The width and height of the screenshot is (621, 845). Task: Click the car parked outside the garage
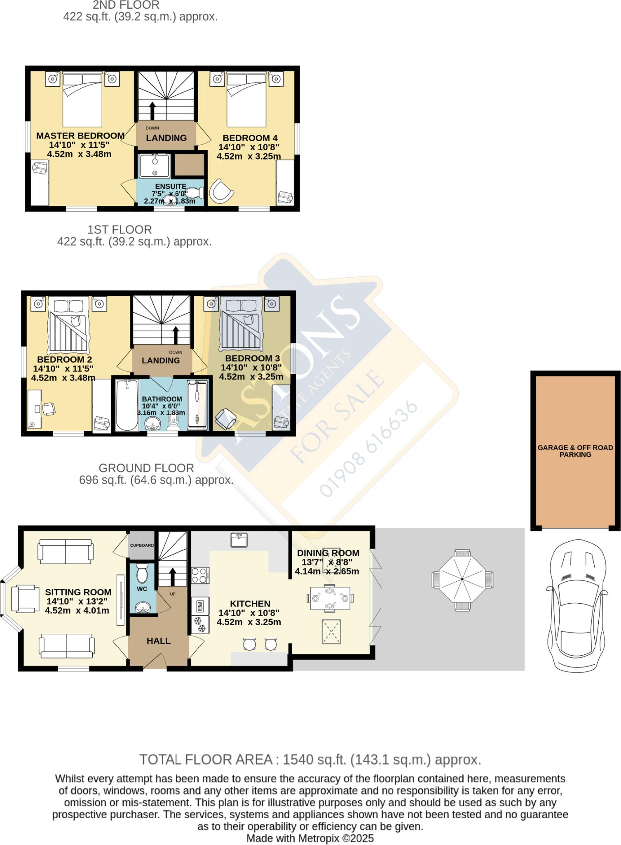[576, 606]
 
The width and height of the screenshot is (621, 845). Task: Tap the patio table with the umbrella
[462, 579]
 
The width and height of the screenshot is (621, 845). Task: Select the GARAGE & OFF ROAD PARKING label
[575, 451]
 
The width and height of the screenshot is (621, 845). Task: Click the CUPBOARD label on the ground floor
[142, 545]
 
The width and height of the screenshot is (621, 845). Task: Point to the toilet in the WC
[142, 573]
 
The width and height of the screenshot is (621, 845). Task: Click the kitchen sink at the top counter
[239, 540]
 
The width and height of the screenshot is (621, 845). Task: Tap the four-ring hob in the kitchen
[200, 576]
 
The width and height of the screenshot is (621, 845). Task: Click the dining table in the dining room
[330, 598]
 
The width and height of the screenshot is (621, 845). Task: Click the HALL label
[159, 641]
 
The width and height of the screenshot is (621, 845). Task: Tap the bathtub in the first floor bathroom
[127, 405]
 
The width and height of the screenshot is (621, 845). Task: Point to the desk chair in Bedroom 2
[49, 409]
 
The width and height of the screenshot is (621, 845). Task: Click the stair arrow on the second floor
[152, 110]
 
